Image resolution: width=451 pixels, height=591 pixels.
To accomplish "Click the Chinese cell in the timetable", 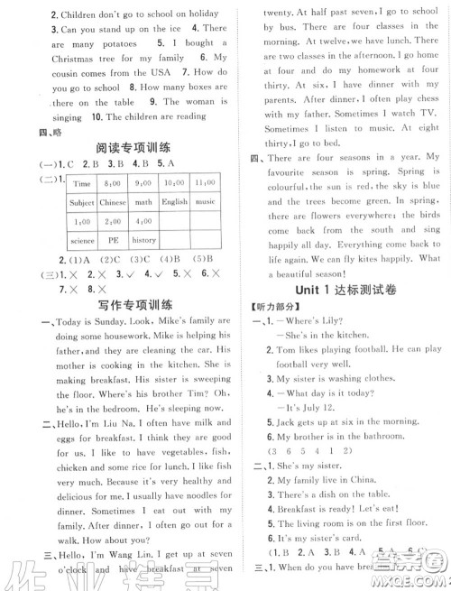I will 113,203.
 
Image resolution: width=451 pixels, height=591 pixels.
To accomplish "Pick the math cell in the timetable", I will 144,203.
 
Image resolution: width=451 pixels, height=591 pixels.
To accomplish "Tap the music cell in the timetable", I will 205,203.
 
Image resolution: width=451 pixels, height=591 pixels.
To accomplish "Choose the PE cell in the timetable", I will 113,241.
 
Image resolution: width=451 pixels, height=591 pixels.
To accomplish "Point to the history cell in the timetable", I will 144,241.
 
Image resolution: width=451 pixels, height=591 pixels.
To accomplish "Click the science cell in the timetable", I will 82,241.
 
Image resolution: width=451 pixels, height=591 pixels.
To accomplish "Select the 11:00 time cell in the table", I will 205,183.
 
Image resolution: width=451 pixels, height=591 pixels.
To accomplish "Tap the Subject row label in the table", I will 82,203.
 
